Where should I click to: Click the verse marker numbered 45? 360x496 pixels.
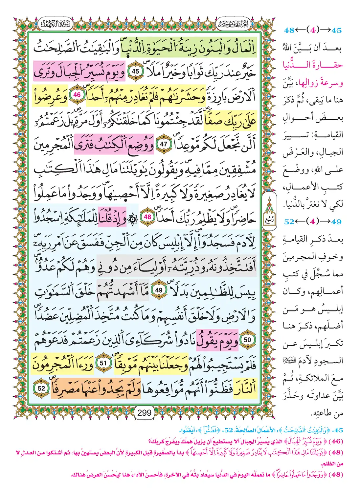point(135,71)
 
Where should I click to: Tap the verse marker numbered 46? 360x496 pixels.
point(77,95)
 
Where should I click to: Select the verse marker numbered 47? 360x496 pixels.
point(164,144)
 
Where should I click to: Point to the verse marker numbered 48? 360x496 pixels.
point(147,217)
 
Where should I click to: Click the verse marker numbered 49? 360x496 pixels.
point(159,290)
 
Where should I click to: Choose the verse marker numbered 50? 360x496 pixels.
point(247,340)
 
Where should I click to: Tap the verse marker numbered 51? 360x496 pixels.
point(103,363)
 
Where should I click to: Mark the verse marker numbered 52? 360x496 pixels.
point(42,388)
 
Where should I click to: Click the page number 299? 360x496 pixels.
point(144,413)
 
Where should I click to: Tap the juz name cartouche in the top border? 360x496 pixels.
point(234,24)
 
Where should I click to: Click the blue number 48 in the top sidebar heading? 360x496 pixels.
point(289,30)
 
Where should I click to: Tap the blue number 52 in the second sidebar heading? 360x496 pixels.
point(289,222)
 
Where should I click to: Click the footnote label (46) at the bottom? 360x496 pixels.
point(336,441)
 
